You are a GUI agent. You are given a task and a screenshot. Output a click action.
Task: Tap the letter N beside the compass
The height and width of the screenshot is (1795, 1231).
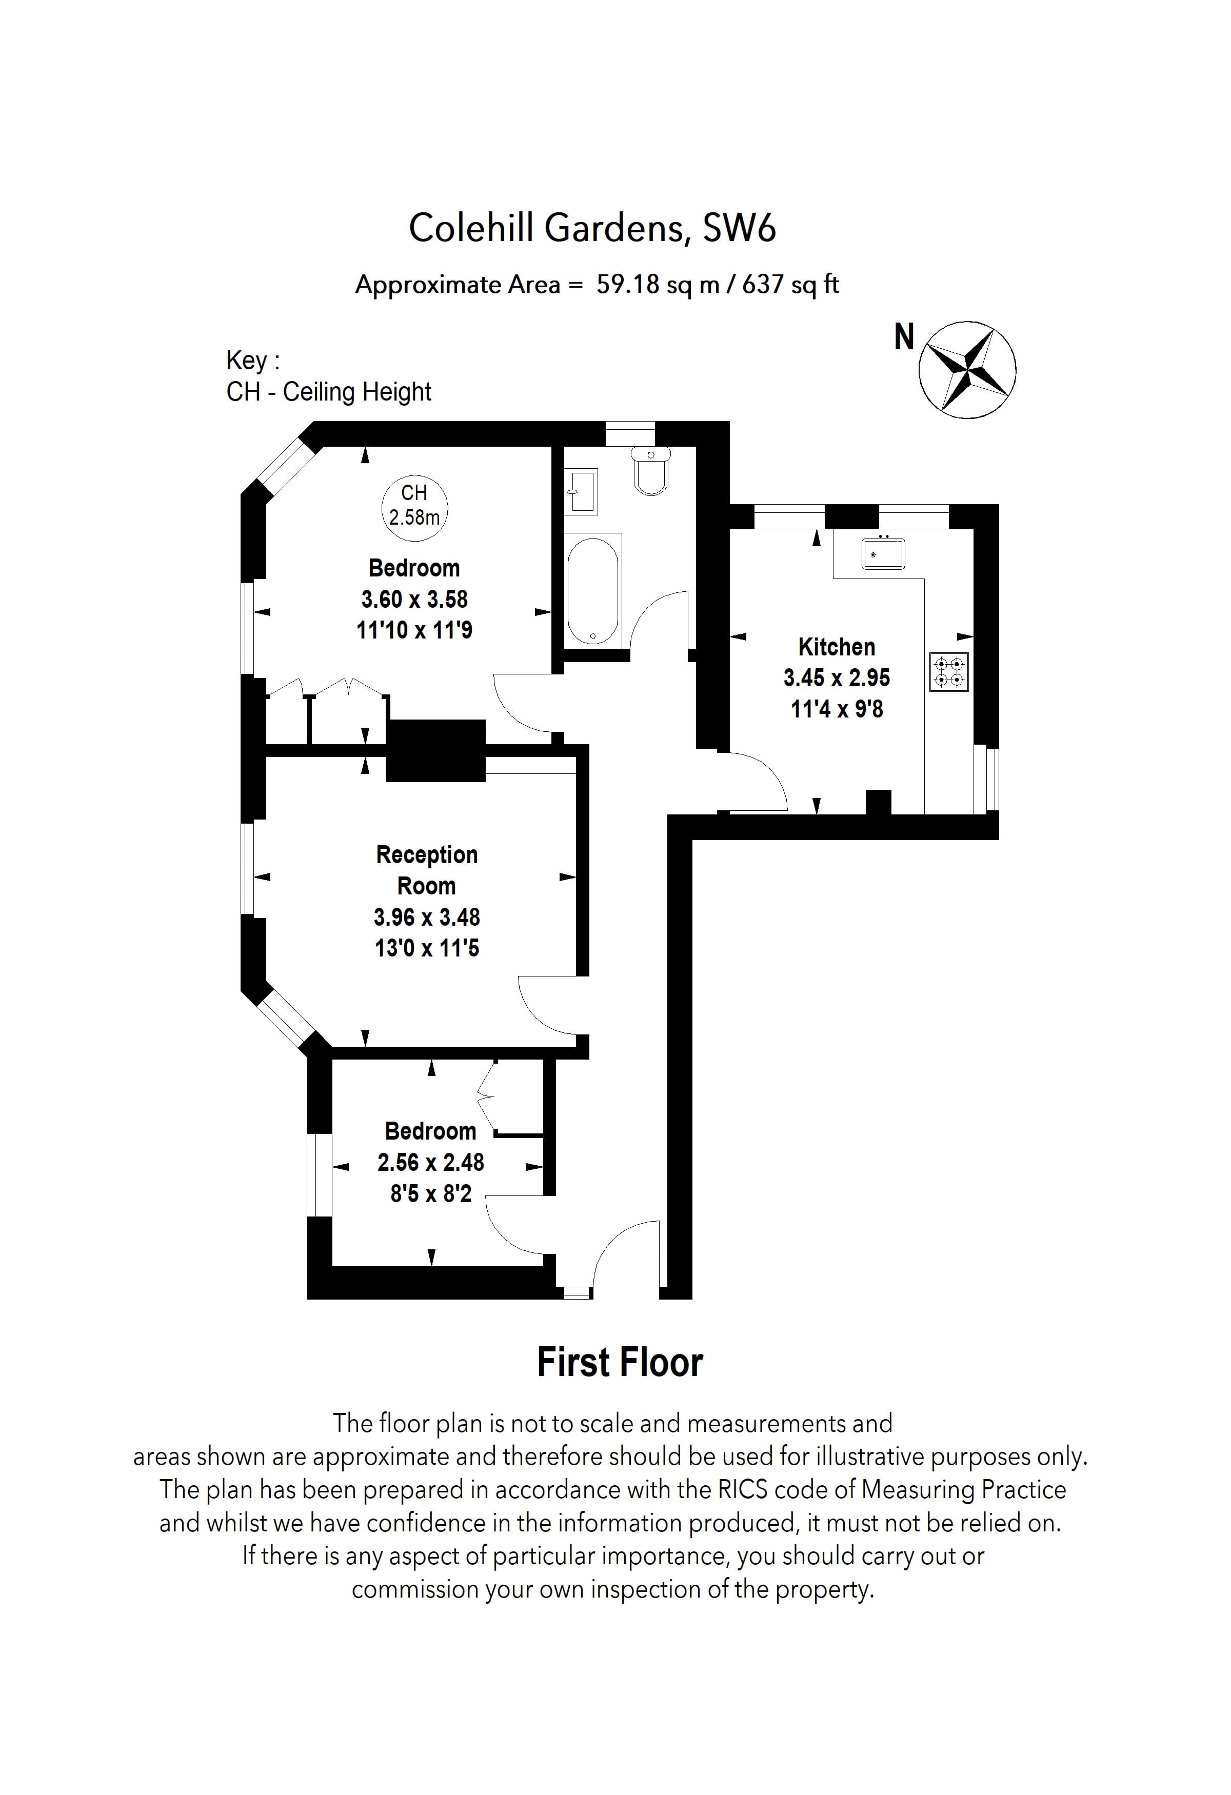904,337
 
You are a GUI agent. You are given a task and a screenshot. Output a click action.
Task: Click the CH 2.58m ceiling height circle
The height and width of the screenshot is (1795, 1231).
415,505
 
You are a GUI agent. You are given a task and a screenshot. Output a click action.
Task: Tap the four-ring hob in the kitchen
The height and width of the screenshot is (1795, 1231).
948,671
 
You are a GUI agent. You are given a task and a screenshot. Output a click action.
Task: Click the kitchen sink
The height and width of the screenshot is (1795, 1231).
883,553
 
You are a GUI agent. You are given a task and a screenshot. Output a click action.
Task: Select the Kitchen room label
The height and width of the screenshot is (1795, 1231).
837,647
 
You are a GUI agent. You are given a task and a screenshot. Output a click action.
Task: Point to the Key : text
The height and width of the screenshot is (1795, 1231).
252,360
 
